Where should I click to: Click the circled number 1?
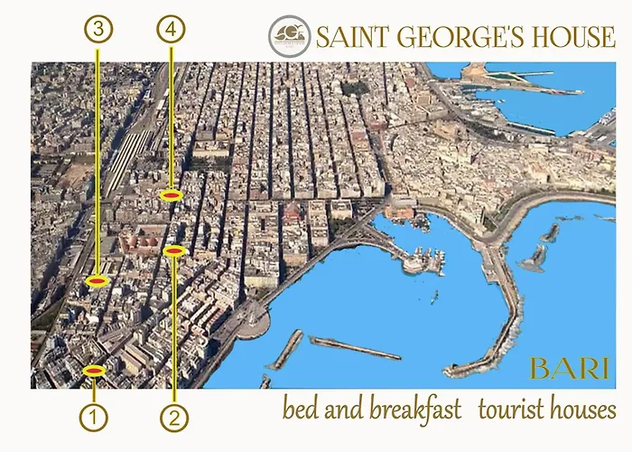click(x=94, y=418)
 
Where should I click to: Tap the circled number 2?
click(x=174, y=418)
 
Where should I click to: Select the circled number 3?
click(x=98, y=29)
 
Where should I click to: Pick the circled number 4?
click(x=170, y=29)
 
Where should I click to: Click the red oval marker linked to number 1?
click(x=94, y=371)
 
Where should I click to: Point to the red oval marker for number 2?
click(x=174, y=250)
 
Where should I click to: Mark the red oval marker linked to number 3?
click(x=98, y=281)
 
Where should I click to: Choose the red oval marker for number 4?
click(x=170, y=194)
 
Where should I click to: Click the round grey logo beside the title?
click(x=290, y=37)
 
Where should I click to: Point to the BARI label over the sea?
click(x=569, y=370)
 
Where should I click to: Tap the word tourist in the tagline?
click(x=510, y=410)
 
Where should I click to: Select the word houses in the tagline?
click(x=581, y=410)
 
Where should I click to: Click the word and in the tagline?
click(x=345, y=410)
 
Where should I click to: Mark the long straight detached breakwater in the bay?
click(x=354, y=347)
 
